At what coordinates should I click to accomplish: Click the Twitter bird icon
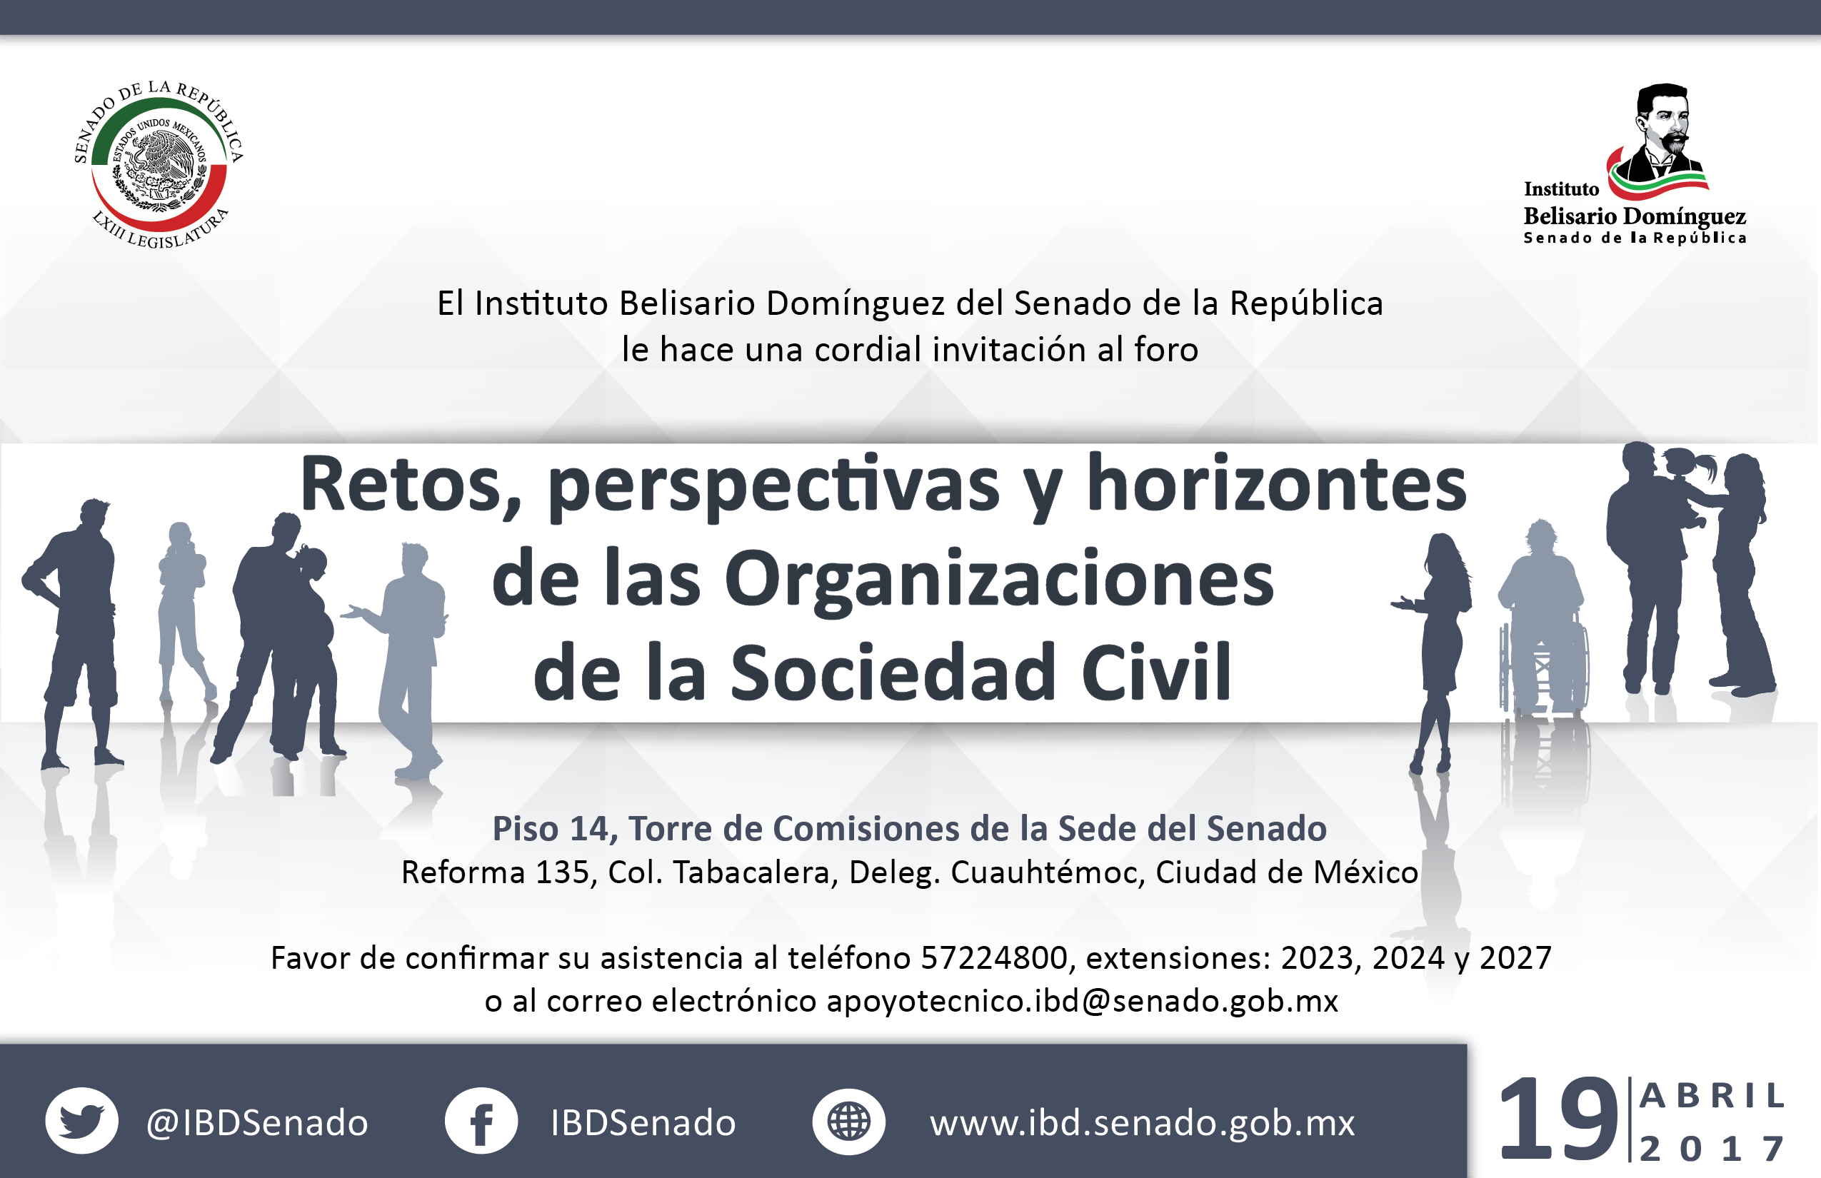click(x=82, y=1121)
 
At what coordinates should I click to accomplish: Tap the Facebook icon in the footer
click(x=481, y=1121)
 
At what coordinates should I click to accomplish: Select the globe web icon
click(x=848, y=1122)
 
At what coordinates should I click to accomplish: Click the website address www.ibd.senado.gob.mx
click(x=1143, y=1123)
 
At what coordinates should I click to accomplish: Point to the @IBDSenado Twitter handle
click(x=257, y=1123)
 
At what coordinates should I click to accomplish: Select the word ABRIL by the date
click(x=1712, y=1096)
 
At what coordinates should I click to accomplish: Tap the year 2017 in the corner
click(x=1712, y=1148)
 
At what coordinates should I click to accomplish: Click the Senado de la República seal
click(x=159, y=164)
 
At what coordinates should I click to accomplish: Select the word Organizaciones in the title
click(x=999, y=580)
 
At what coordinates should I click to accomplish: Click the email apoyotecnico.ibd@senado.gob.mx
click(x=1083, y=1000)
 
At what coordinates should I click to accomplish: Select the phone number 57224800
click(x=994, y=957)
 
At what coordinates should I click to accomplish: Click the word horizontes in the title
click(x=1276, y=484)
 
